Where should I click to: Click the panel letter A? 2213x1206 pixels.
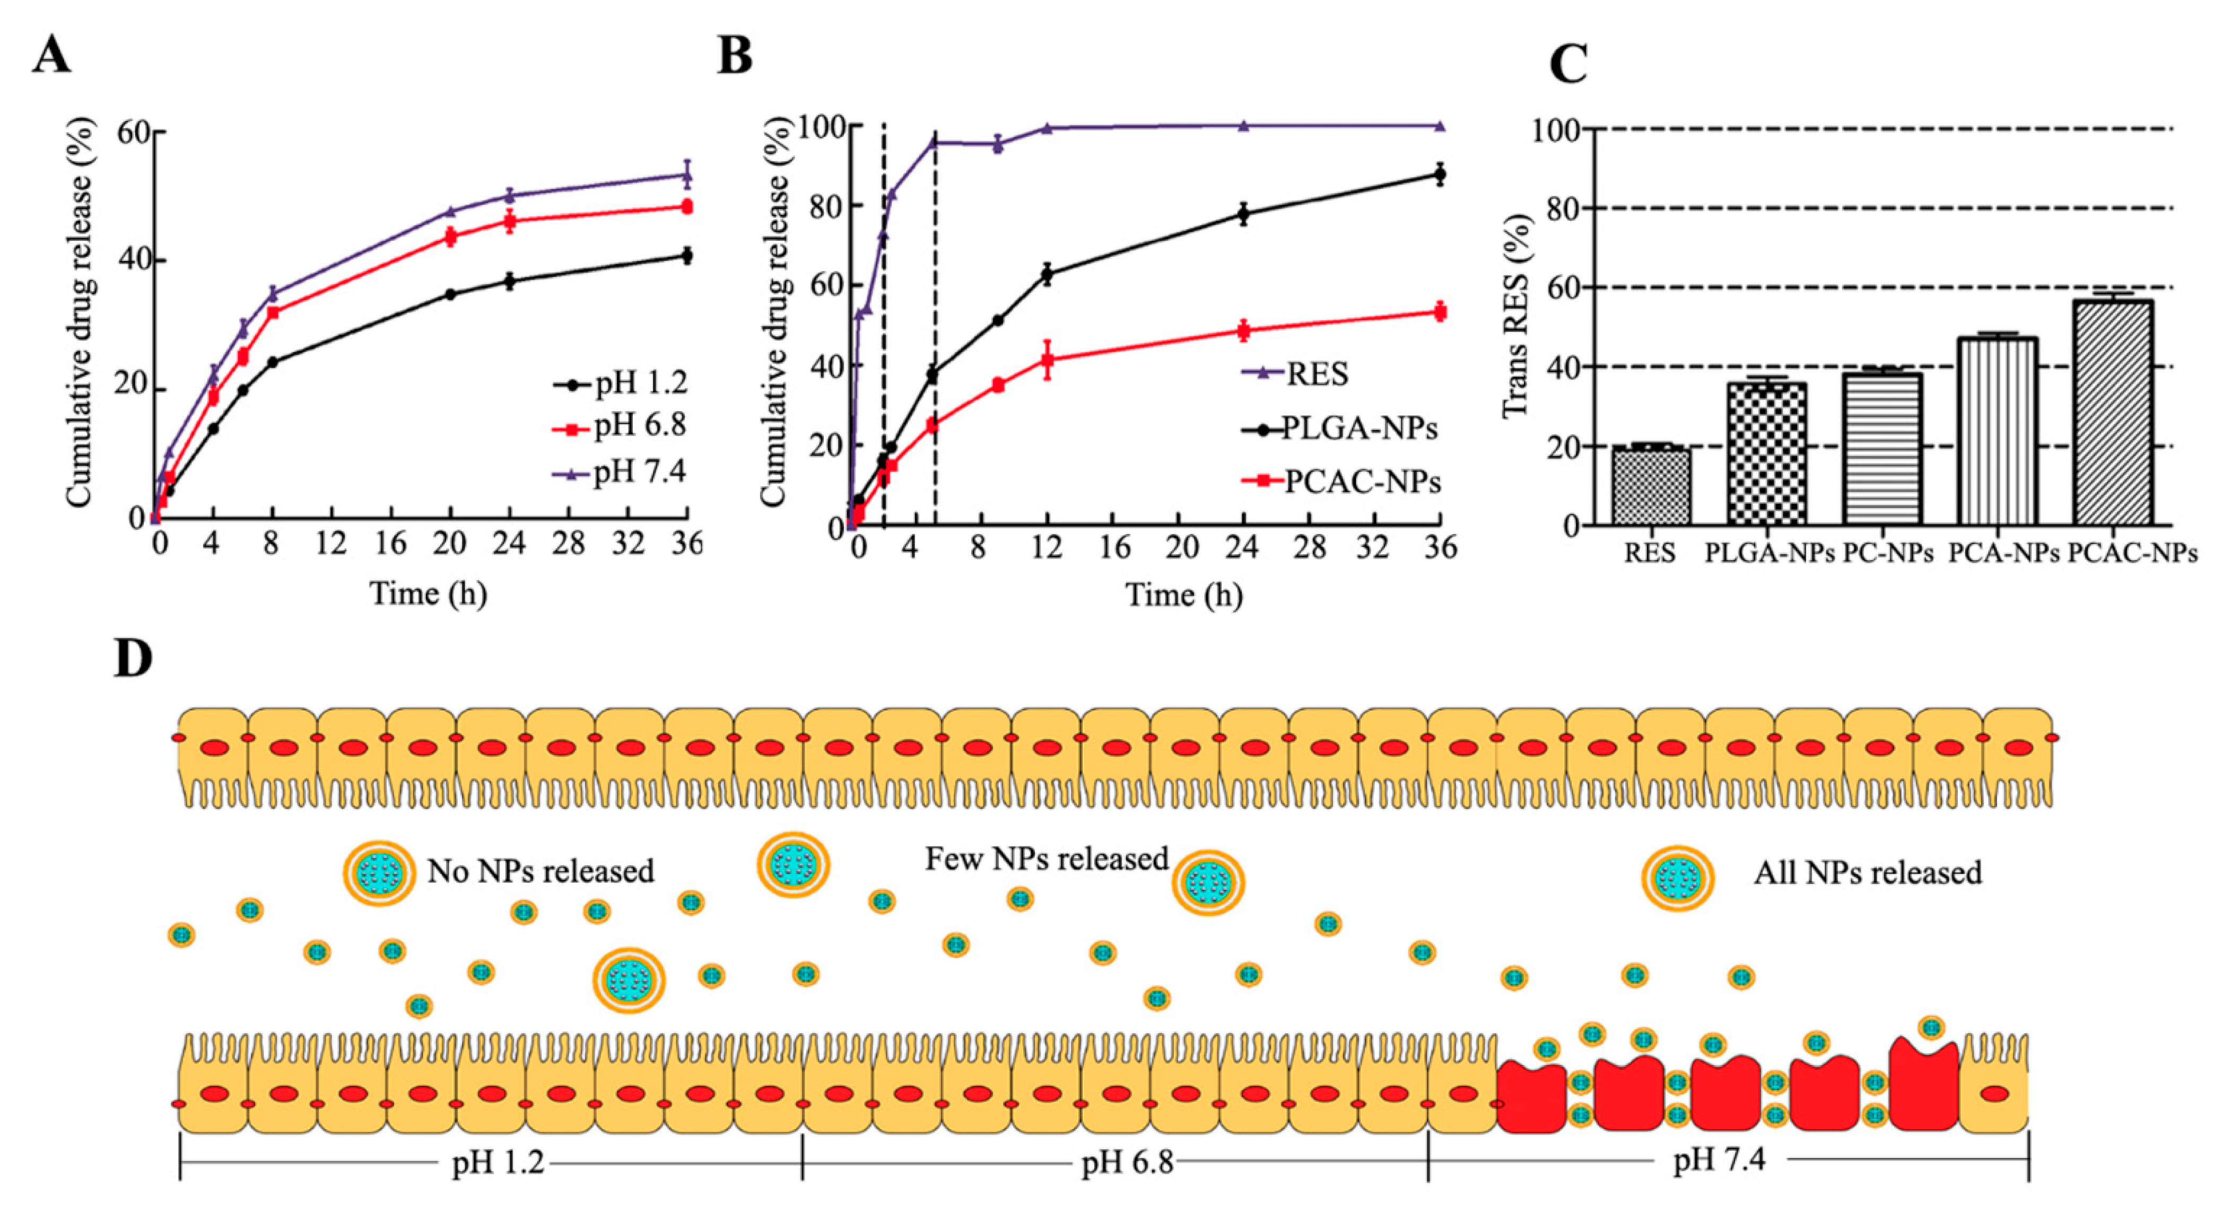click(x=51, y=57)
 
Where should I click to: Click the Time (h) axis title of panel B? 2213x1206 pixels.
click(x=1184, y=595)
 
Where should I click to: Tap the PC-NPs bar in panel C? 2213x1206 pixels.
click(x=1881, y=449)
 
